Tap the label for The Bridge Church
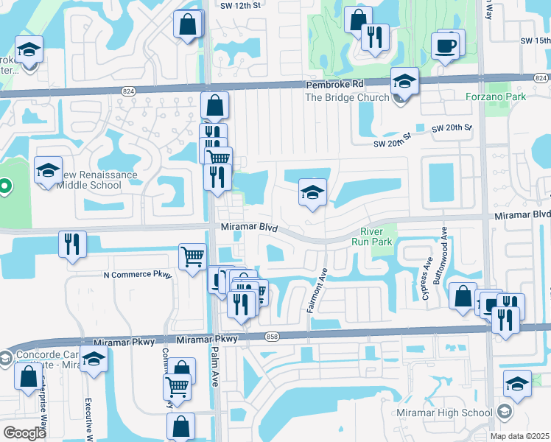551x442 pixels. (x=345, y=97)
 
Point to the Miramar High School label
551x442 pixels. (x=446, y=411)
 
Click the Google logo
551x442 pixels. (x=24, y=433)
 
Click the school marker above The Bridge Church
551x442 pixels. (x=404, y=81)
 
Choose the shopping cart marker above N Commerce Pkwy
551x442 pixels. (x=192, y=258)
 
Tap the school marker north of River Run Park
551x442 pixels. (x=312, y=193)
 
